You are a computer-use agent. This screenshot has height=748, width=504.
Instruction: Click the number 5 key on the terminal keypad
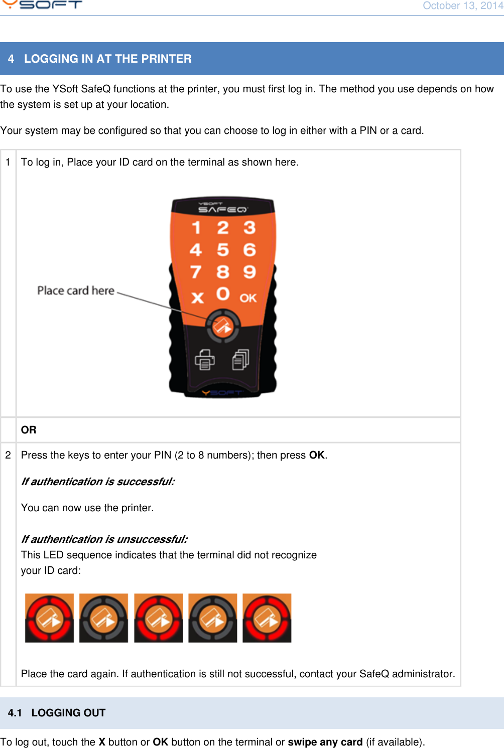[x=223, y=250]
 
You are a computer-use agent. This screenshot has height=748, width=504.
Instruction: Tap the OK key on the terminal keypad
[x=248, y=298]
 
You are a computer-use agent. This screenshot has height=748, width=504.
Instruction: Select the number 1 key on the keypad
[x=196, y=228]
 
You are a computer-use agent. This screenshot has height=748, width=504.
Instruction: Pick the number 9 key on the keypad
[x=249, y=272]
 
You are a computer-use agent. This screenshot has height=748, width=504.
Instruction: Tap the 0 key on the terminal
[x=223, y=294]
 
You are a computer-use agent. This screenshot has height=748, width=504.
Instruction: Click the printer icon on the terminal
[x=205, y=359]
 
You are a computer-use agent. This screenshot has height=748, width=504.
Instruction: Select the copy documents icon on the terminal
[x=240, y=359]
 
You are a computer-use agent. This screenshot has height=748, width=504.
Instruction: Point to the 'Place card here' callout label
[x=76, y=290]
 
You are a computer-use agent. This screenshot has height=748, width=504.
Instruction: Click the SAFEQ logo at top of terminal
[x=222, y=208]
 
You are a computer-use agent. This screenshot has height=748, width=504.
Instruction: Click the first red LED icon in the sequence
[x=49, y=618]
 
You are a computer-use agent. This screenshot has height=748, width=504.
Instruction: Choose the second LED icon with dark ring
[x=103, y=618]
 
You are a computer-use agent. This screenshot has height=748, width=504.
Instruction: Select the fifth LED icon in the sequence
[x=267, y=618]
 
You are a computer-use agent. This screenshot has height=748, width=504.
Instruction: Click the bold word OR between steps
[x=29, y=430]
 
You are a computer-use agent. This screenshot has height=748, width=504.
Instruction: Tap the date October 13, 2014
[x=463, y=6]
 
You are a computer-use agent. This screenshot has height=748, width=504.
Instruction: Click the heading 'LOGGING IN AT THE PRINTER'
[x=107, y=59]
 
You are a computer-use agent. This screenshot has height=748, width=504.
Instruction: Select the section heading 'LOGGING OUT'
[x=68, y=713]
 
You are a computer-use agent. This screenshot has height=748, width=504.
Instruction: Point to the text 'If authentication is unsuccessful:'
[x=104, y=539]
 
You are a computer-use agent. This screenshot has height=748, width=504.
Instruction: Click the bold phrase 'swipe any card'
[x=325, y=742]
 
